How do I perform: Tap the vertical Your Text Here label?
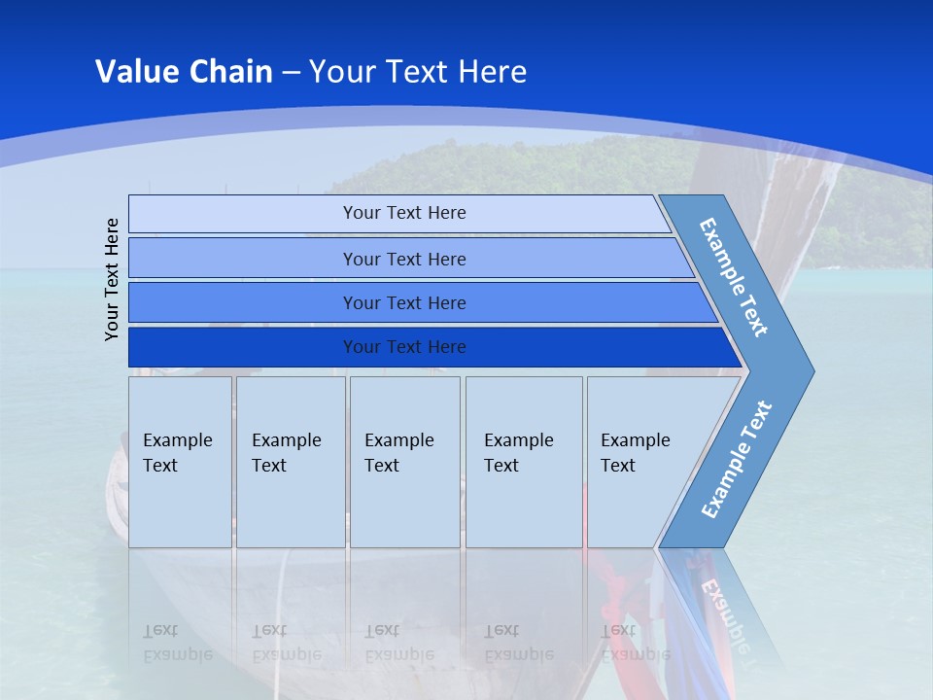pos(113,279)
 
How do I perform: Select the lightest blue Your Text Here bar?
pos(403,213)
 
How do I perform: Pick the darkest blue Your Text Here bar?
pos(403,347)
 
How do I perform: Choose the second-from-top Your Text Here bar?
pos(403,259)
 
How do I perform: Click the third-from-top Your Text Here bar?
pos(403,302)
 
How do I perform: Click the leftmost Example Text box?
pos(180,461)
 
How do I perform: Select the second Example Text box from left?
pos(290,461)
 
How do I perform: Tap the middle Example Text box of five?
pos(404,461)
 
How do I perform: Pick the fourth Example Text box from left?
pos(523,461)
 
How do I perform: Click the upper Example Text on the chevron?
pos(735,277)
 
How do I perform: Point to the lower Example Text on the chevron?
pos(737,460)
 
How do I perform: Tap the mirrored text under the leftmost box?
pos(177,642)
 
